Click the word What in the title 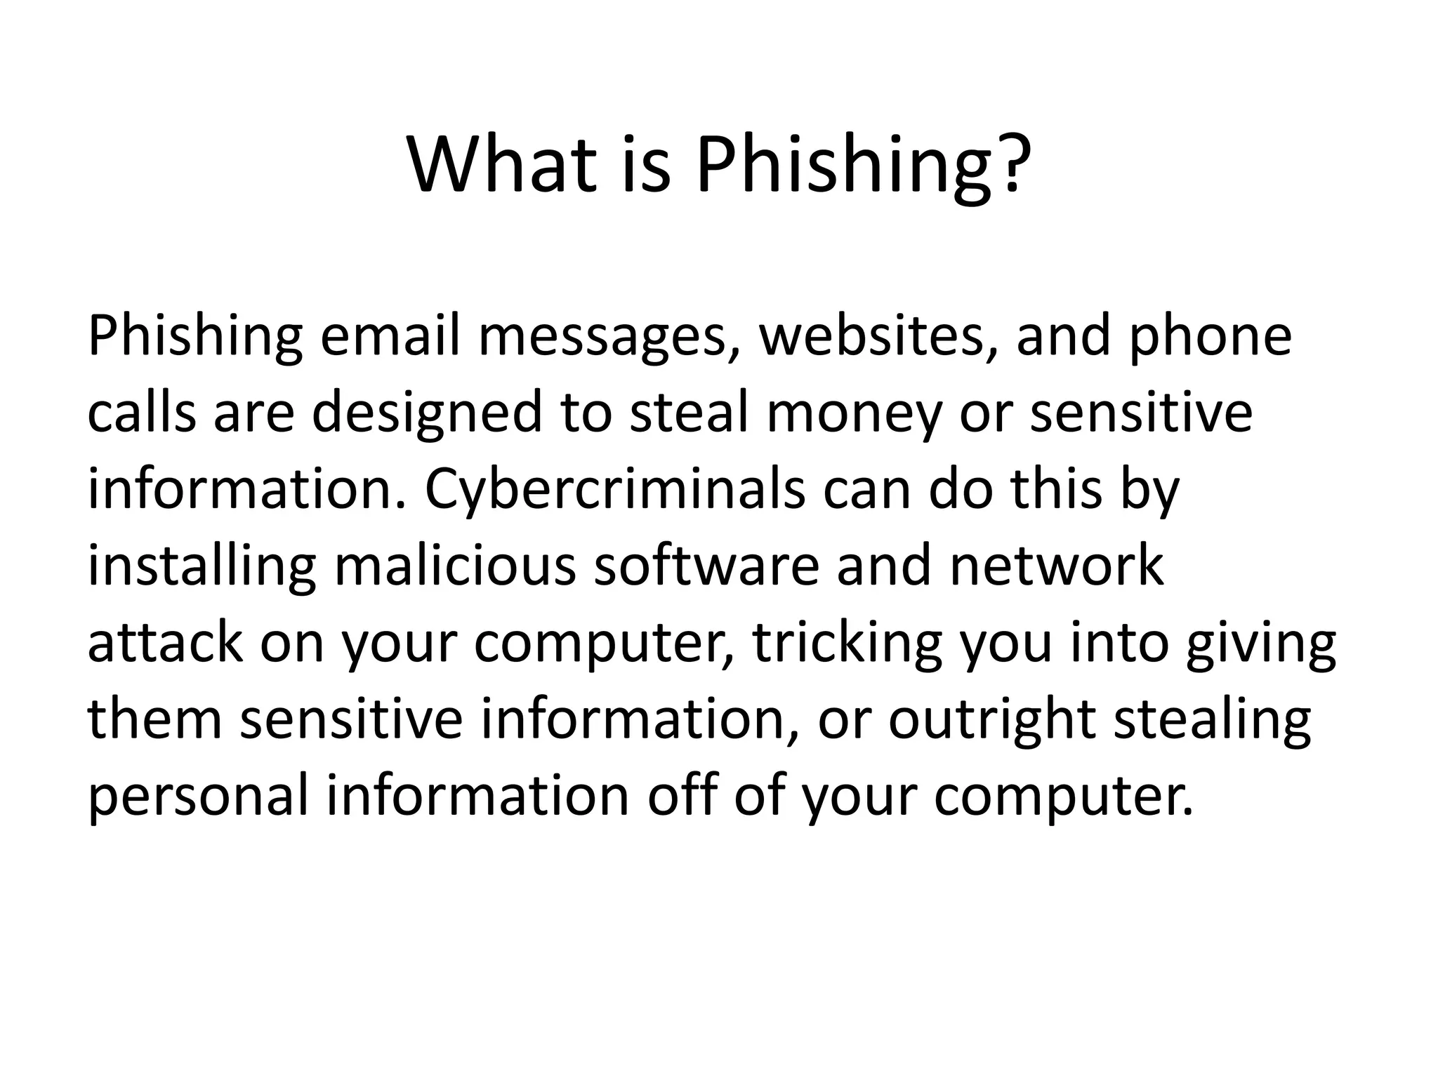502,165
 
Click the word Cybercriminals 615,491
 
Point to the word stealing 1213,722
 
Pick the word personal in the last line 198,799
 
